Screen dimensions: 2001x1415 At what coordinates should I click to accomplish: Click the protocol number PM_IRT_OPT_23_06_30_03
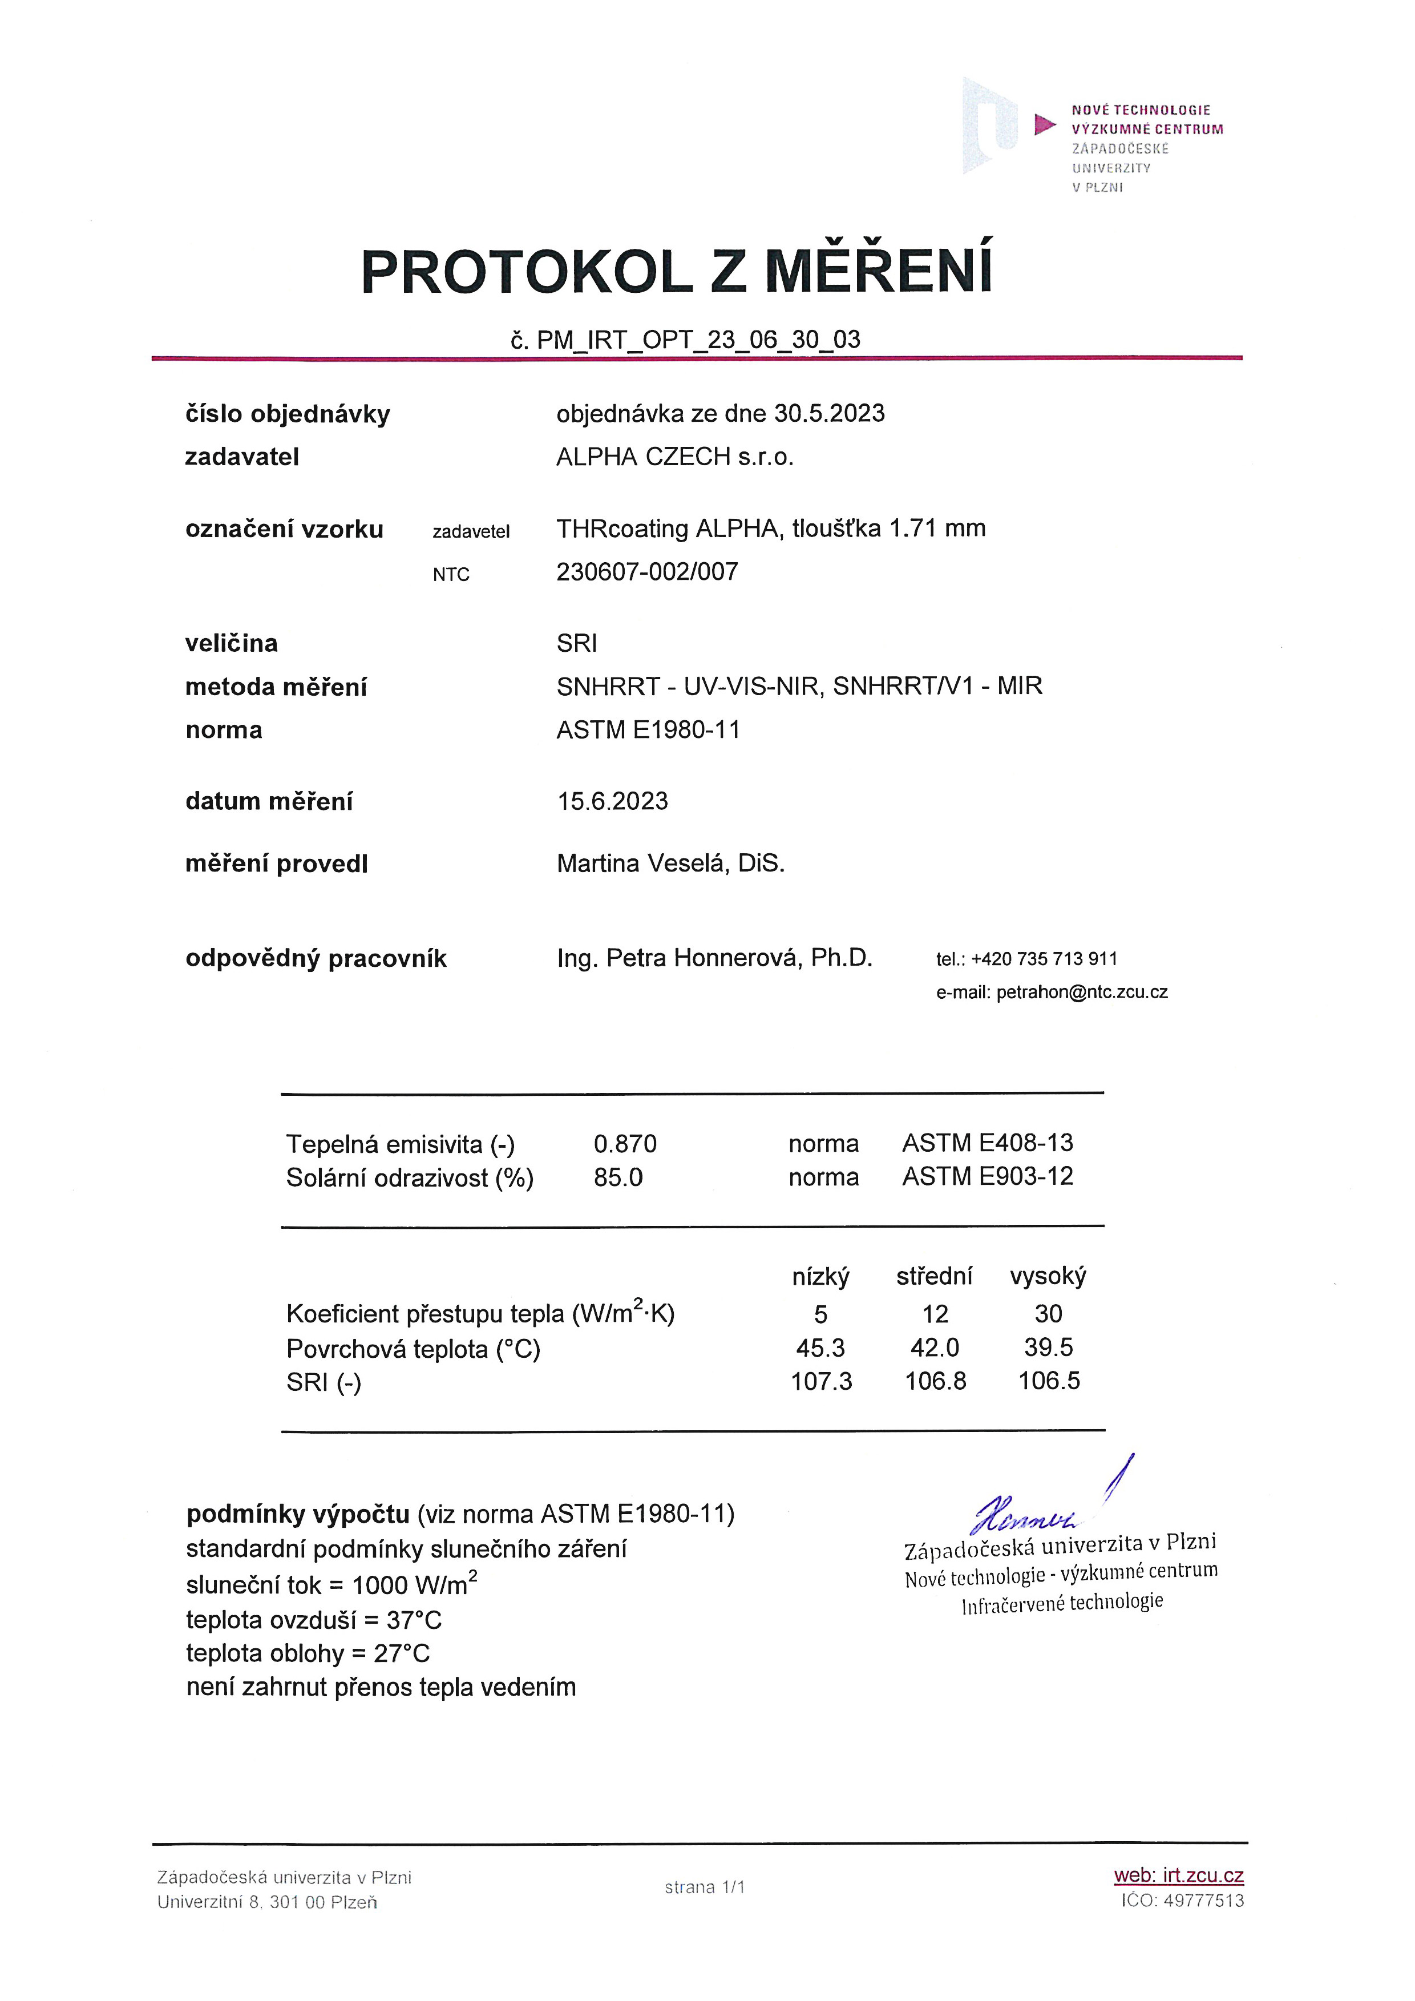pos(697,340)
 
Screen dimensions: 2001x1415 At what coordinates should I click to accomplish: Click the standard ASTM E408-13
pos(987,1143)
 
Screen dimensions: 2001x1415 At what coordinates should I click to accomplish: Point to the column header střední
pos(934,1276)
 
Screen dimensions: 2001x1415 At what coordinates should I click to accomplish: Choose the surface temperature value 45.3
pos(820,1348)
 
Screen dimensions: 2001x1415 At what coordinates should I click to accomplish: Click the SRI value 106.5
pos(1049,1381)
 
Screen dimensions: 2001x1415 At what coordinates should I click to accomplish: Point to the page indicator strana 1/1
pos(705,1887)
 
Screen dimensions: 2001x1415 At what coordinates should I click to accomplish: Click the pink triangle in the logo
pos(1044,124)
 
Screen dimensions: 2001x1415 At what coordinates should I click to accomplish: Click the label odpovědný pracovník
pos(316,959)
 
